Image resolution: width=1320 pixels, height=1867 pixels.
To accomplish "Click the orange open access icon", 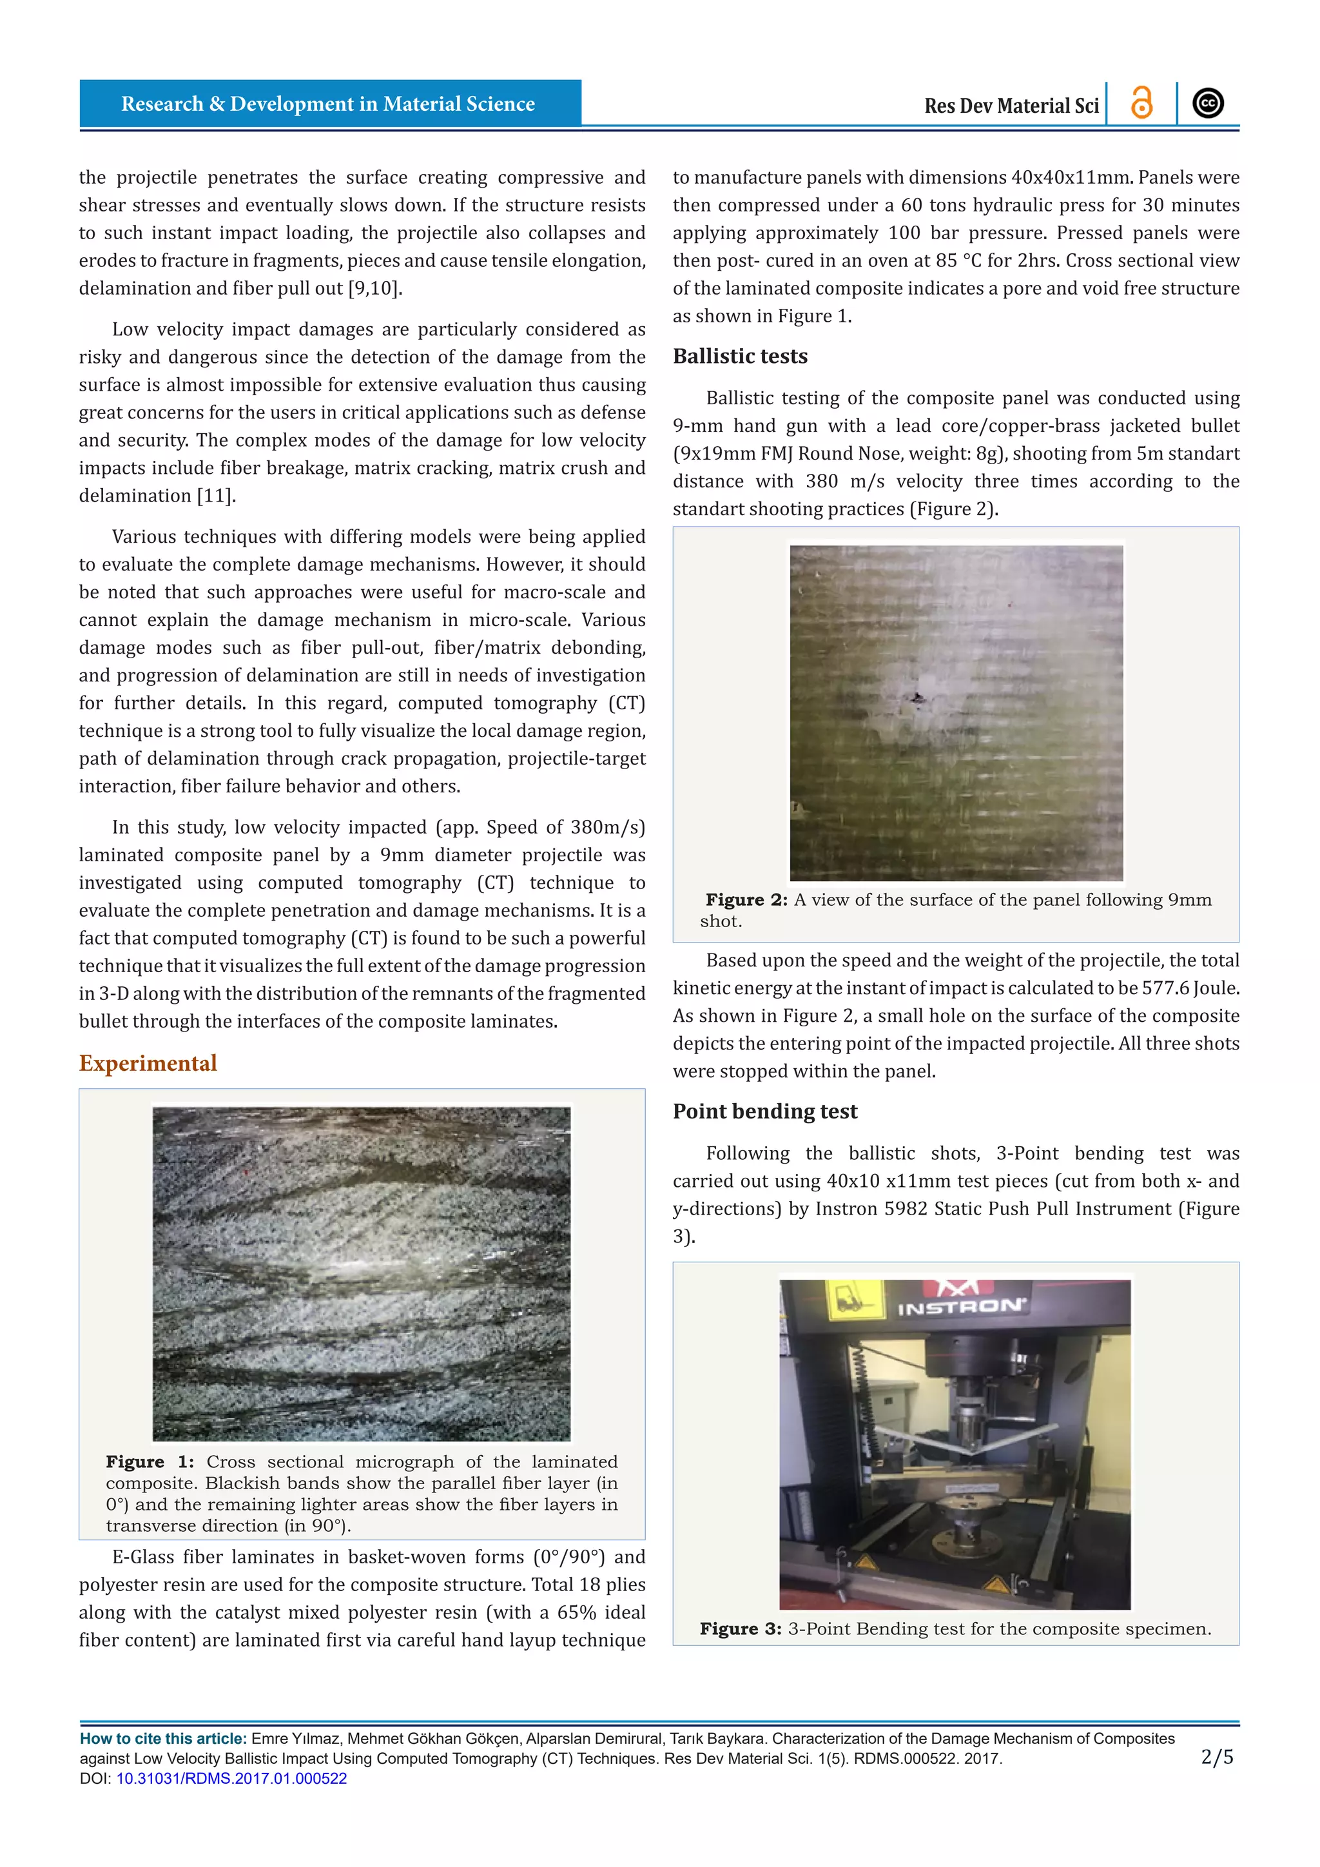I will click(1142, 103).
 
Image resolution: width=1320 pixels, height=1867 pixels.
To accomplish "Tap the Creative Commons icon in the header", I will click(1208, 103).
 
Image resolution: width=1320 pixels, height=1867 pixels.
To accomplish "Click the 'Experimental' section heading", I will click(148, 1064).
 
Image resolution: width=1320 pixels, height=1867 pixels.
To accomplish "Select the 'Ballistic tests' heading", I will click(740, 356).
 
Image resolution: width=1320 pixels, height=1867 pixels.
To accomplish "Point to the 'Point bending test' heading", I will click(765, 1111).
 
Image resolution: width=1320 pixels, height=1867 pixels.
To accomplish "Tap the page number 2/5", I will click(1217, 1757).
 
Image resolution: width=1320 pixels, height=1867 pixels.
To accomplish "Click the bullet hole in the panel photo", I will click(918, 698).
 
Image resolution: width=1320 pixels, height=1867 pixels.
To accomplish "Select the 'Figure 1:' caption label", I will click(150, 1462).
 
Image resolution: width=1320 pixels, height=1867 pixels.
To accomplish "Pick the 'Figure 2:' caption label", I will click(746, 900).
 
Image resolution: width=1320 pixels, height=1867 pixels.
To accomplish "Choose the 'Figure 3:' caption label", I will click(741, 1628).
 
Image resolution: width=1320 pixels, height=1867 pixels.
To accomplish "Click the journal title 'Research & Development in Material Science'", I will click(327, 104).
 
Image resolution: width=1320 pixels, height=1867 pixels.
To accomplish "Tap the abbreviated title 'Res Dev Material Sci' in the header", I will click(1011, 106).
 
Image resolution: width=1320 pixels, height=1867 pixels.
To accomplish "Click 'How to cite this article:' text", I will click(162, 1739).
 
